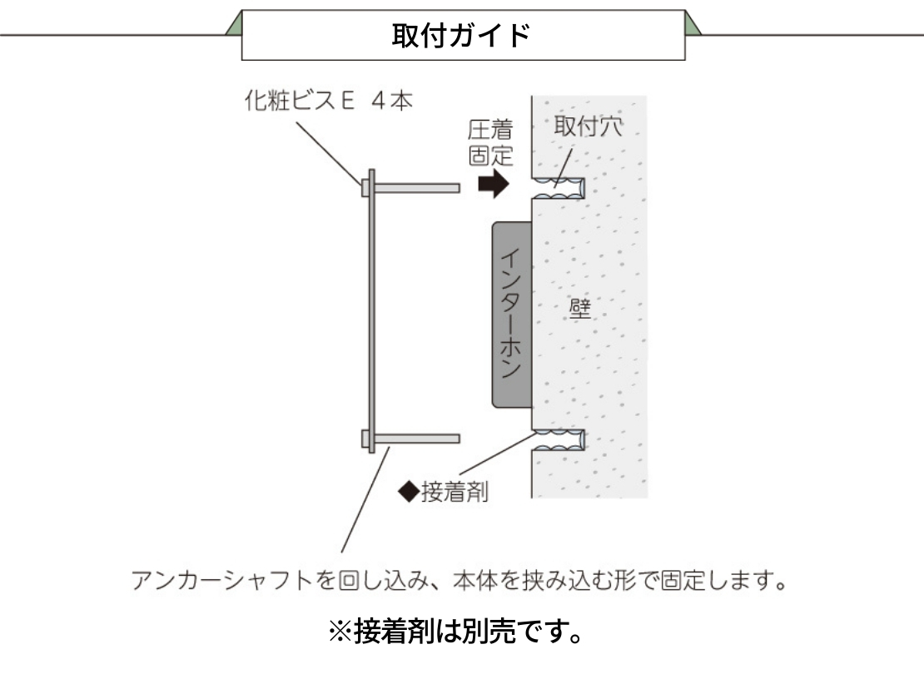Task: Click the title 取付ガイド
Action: point(461,35)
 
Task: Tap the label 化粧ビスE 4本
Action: point(328,101)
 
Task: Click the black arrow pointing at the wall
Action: point(494,184)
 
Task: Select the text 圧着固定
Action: point(491,143)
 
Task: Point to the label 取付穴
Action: point(588,126)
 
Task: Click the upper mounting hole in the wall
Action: point(558,188)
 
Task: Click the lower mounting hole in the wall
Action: point(558,440)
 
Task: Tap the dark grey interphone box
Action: point(511,315)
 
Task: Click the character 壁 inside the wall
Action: point(580,308)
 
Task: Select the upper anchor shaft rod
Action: point(416,189)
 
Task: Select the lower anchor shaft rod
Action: point(416,439)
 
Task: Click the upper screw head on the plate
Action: point(365,189)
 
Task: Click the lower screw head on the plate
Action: point(365,439)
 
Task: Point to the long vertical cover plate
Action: point(372,311)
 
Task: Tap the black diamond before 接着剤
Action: point(409,492)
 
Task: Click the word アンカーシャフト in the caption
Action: point(221,580)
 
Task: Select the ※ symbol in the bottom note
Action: point(340,632)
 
